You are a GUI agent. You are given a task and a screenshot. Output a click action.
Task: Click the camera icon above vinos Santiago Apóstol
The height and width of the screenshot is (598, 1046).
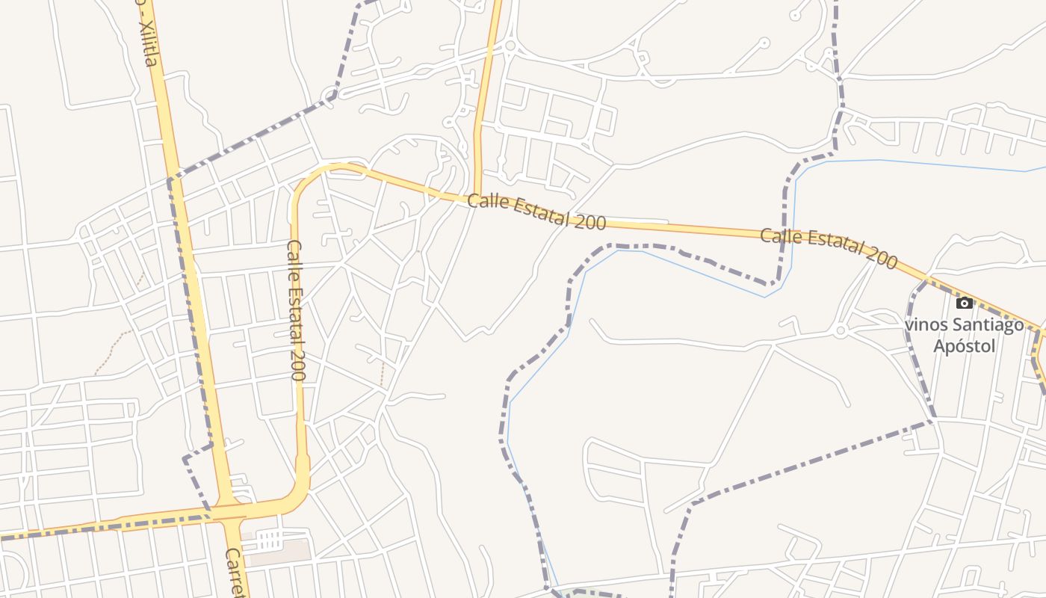(965, 303)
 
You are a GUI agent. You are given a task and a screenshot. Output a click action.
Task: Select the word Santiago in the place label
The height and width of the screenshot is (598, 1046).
(984, 325)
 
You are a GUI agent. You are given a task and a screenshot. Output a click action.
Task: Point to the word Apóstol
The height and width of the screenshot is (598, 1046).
(965, 346)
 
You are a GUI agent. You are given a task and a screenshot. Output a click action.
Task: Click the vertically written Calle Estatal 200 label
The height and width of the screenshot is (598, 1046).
(296, 310)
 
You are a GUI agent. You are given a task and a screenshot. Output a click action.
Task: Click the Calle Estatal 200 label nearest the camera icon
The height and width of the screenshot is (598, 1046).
(829, 249)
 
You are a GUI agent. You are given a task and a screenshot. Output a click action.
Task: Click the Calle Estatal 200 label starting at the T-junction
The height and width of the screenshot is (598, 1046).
(536, 212)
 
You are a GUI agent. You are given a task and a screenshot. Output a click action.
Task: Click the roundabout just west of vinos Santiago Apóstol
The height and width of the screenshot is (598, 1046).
(841, 330)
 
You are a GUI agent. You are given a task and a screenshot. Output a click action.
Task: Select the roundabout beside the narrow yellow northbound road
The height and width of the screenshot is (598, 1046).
(510, 46)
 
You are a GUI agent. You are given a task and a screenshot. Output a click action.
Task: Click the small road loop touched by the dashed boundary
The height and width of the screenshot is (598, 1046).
(330, 94)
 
